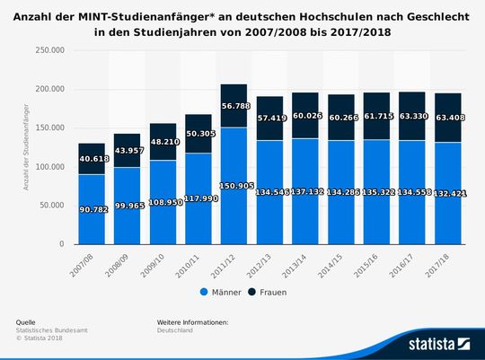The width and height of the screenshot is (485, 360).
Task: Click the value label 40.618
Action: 91,159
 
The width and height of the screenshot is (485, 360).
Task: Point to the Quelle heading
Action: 26,321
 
